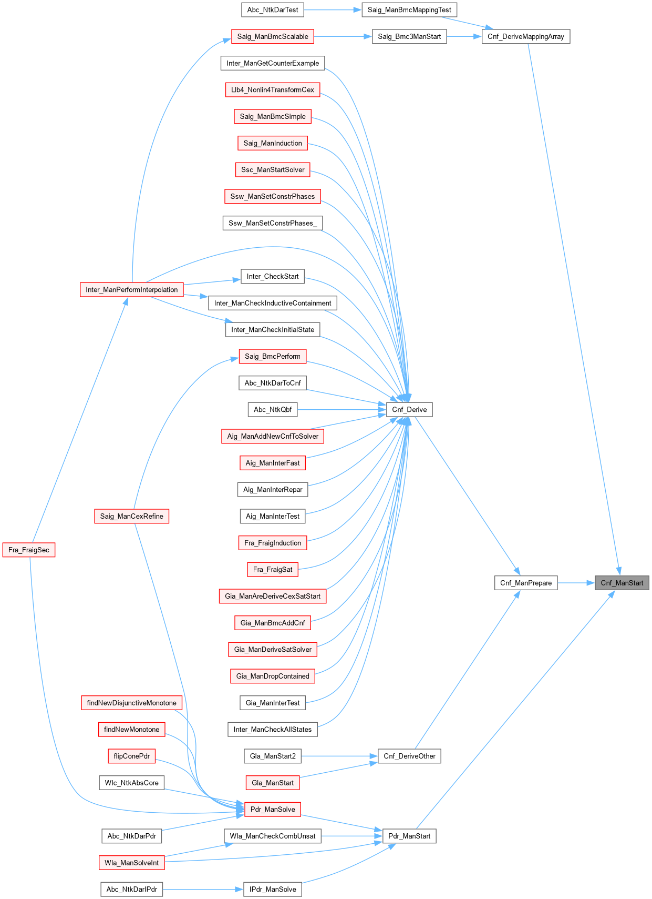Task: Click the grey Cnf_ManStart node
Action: click(x=622, y=583)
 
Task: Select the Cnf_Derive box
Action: click(x=409, y=410)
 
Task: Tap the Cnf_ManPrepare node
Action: click(x=526, y=583)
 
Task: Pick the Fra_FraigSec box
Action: click(x=29, y=550)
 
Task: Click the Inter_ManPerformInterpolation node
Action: click(x=132, y=290)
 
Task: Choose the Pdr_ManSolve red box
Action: click(x=273, y=810)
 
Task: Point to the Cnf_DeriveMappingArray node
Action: click(x=526, y=37)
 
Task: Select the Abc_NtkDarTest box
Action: click(x=273, y=10)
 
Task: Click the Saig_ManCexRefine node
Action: click(x=132, y=517)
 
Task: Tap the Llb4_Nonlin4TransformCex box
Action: click(x=273, y=90)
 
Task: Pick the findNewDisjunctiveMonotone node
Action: click(x=132, y=703)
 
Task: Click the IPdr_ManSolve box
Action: click(x=273, y=890)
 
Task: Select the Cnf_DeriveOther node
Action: click(x=409, y=756)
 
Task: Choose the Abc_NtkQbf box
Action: click(x=273, y=410)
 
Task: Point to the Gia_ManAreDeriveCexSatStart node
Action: click(x=273, y=597)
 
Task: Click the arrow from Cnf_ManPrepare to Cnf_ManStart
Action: click(x=576, y=583)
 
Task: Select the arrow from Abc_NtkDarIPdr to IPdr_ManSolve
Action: click(x=203, y=890)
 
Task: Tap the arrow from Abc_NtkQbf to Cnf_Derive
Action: click(x=341, y=410)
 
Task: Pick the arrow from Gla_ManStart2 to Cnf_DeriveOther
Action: click(x=339, y=756)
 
